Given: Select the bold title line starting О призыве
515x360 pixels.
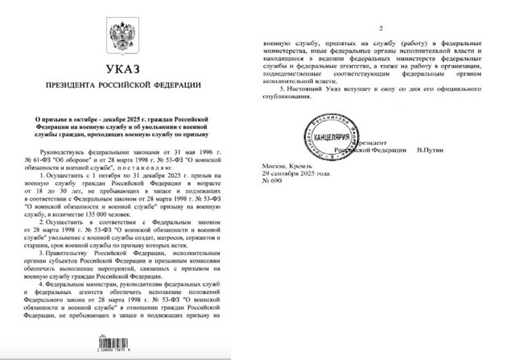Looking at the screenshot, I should (x=125, y=118).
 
